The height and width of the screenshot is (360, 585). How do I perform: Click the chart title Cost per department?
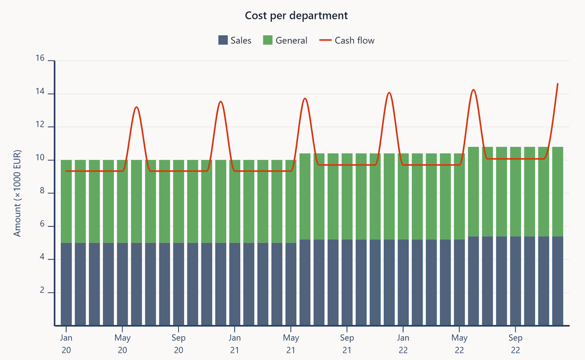(x=296, y=16)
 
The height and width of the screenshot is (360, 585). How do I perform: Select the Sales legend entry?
(x=235, y=41)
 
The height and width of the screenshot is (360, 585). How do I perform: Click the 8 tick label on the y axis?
(x=42, y=193)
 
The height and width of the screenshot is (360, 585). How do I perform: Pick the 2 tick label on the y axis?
(x=42, y=292)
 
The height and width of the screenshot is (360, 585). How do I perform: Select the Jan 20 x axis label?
(x=66, y=342)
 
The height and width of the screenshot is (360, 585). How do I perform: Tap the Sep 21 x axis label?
(x=347, y=342)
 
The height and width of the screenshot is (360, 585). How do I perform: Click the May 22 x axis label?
(x=459, y=342)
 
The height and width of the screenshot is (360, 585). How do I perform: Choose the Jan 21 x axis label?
(x=235, y=342)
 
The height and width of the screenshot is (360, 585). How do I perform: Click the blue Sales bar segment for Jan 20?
(x=66, y=284)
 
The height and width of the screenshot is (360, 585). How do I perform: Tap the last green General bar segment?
(x=557, y=192)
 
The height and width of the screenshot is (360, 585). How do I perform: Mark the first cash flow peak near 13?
(x=136, y=107)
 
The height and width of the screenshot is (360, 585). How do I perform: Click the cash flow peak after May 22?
(x=473, y=90)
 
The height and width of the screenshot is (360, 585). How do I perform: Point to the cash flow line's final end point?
(x=557, y=84)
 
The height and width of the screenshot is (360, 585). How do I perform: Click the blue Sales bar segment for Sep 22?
(x=516, y=281)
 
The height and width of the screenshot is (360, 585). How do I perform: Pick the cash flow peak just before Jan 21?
(x=220, y=102)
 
